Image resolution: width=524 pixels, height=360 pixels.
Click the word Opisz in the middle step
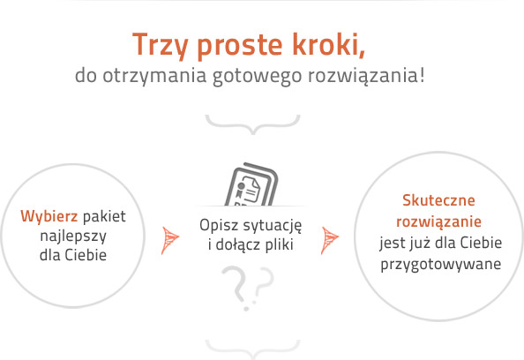coord(218,226)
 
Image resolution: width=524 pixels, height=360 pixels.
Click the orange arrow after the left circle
coord(169,238)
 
